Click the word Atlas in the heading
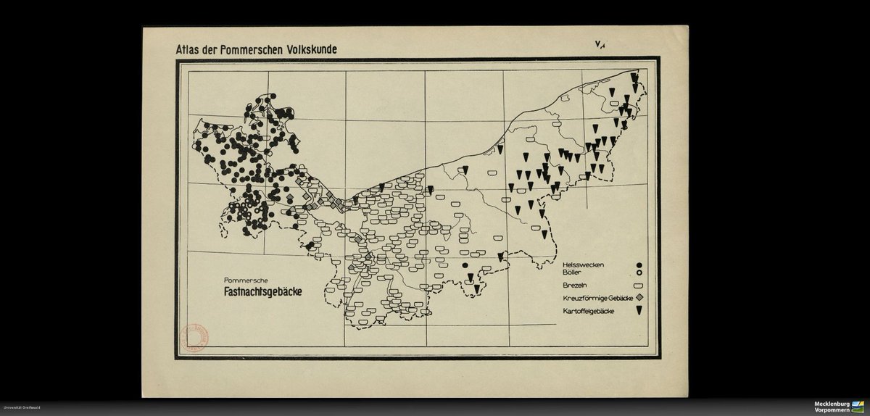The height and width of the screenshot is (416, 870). point(180,51)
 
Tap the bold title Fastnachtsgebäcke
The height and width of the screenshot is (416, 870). point(262,293)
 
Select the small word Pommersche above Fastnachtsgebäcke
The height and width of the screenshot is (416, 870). point(248,280)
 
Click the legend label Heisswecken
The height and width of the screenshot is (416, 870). point(584,265)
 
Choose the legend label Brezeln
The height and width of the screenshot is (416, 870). point(576,286)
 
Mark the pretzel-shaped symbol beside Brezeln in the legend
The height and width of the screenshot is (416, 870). point(639,286)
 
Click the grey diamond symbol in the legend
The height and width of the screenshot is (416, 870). point(639,299)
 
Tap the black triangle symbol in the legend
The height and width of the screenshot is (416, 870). point(639,311)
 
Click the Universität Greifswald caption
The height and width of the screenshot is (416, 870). point(21,409)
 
